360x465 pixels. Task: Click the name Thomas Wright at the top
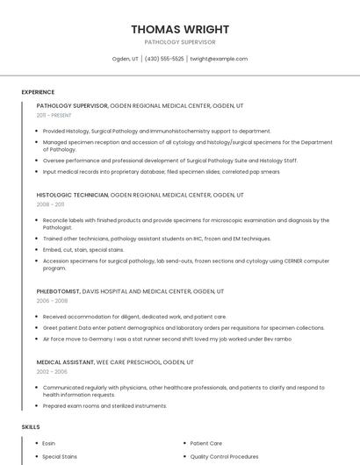click(x=179, y=29)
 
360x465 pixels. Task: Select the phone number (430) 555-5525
click(x=164, y=59)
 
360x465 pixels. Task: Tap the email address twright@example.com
click(x=219, y=59)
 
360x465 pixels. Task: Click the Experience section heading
click(x=38, y=92)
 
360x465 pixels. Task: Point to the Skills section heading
click(x=31, y=427)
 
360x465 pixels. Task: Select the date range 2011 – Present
click(x=54, y=115)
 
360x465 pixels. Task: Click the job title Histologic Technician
click(x=72, y=194)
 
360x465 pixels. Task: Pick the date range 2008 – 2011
click(x=50, y=204)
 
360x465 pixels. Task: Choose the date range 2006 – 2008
click(x=51, y=300)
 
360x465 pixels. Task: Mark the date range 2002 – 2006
click(x=51, y=371)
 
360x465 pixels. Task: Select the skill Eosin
click(x=49, y=443)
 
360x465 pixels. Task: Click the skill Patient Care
click(x=206, y=443)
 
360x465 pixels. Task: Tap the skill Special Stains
click(x=60, y=456)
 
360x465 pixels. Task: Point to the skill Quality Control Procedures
click(x=225, y=456)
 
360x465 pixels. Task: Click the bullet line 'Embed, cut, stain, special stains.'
click(x=83, y=249)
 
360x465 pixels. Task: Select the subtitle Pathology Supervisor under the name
click(x=179, y=42)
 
